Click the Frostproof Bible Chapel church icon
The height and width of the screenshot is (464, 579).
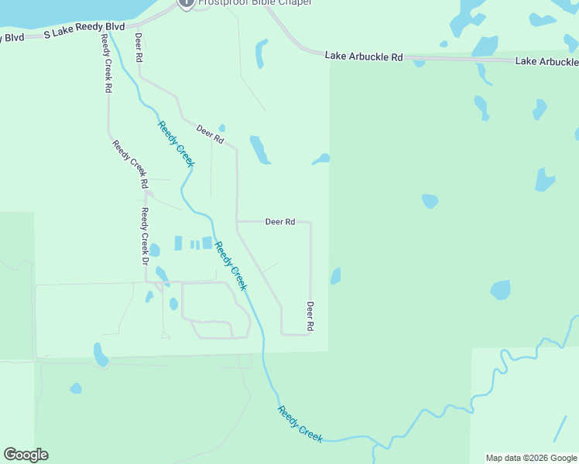(186, 3)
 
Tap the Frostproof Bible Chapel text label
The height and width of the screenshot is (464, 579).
(255, 3)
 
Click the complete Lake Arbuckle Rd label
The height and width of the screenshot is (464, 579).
(364, 56)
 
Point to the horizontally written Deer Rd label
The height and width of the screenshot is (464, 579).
(280, 222)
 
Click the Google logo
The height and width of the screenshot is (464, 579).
(26, 455)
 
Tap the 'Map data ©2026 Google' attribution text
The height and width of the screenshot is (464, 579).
(531, 458)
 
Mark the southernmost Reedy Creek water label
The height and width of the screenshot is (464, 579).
(300, 424)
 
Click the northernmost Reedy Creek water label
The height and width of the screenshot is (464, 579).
(176, 144)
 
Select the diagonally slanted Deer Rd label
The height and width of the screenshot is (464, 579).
(210, 135)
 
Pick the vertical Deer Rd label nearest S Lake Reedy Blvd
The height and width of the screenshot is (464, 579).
(139, 47)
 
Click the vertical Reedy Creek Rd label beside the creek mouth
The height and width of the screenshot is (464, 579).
(105, 63)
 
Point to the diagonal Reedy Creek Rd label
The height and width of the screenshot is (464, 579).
(129, 164)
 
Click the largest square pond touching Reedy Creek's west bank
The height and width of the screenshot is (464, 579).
(207, 243)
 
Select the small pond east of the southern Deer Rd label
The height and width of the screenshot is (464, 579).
(336, 276)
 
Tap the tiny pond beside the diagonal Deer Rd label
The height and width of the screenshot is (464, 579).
(222, 128)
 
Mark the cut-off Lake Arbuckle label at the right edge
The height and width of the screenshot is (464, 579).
(546, 61)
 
